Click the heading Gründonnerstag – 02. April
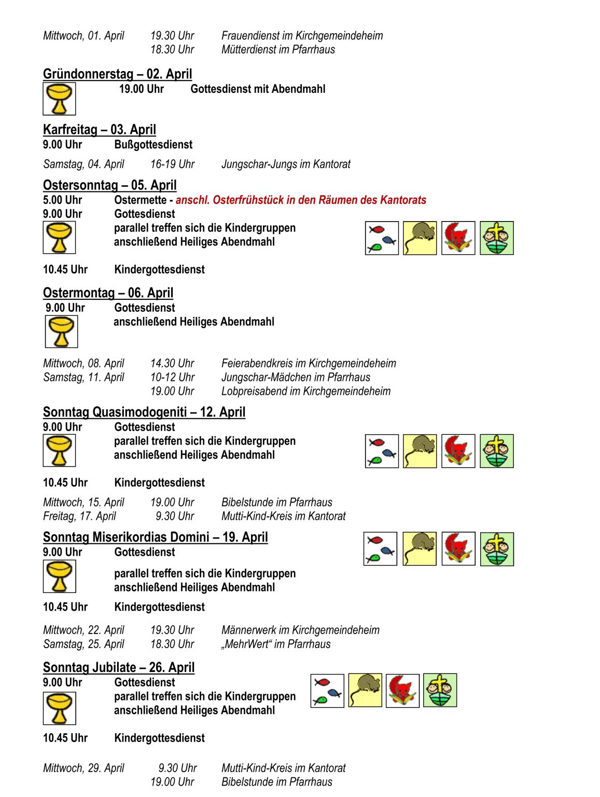click(x=117, y=74)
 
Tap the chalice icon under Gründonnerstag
click(x=59, y=99)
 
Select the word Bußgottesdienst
click(x=153, y=144)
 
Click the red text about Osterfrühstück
click(x=301, y=200)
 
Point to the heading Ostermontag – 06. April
click(x=108, y=293)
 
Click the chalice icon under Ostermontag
click(x=61, y=332)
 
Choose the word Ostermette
click(x=140, y=200)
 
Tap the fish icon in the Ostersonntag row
click(x=382, y=238)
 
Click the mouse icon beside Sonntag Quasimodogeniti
click(x=420, y=451)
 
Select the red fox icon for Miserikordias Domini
click(x=458, y=548)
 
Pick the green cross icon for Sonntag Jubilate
click(x=440, y=690)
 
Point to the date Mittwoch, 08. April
click(x=83, y=363)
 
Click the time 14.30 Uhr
click(x=172, y=363)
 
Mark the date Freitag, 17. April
click(x=79, y=516)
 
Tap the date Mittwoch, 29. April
click(x=83, y=768)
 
